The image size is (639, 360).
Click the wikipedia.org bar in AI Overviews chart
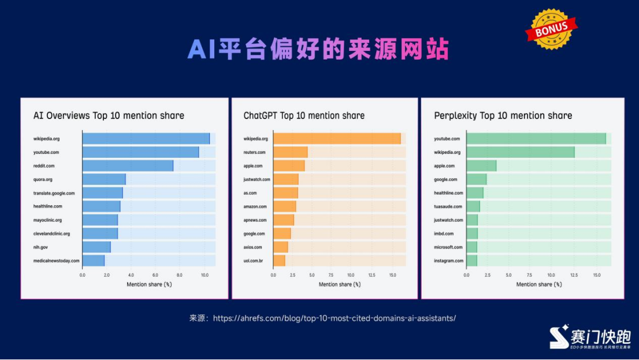coord(146,139)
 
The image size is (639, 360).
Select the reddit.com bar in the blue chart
coord(128,166)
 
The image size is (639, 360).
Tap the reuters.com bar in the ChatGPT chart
coord(290,152)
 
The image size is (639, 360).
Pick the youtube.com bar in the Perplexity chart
coord(536,139)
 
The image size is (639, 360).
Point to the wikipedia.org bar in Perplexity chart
coord(520,152)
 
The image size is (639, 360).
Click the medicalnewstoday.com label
coord(56,261)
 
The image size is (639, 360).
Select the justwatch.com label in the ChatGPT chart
coord(257,180)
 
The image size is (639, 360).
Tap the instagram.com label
coord(449,261)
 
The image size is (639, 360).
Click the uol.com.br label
coord(253,261)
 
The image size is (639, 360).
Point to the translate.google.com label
coord(54,193)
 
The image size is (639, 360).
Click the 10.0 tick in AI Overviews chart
coord(204,275)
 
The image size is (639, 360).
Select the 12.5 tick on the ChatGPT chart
coord(371,275)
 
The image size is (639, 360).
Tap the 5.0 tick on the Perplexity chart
coord(508,275)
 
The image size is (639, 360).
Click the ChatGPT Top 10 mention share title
coord(304,116)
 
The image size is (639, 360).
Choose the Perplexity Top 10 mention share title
coord(503,116)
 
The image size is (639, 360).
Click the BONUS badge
coord(551,29)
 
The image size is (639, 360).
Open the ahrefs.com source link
coord(334,318)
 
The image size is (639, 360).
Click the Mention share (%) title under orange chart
coord(340,284)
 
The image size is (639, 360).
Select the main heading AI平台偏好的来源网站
coord(318,50)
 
